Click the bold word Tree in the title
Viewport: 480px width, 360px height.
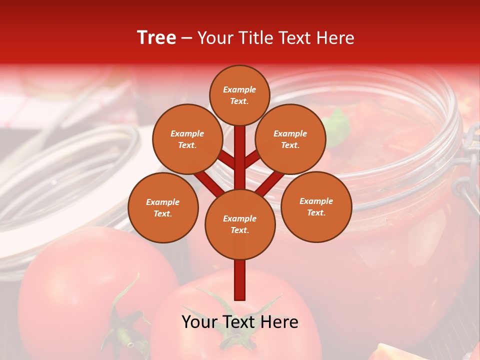[x=156, y=38]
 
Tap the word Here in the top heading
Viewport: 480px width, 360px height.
[x=335, y=38]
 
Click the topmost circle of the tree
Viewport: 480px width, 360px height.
[x=239, y=95]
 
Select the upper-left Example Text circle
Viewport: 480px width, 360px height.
[x=187, y=139]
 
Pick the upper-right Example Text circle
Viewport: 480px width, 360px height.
[x=290, y=139]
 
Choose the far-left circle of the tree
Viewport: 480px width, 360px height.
[x=163, y=207]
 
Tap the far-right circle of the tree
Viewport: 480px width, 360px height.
[x=316, y=206]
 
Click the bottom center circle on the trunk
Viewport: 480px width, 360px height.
[x=240, y=224]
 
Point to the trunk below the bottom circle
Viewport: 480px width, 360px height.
[x=239, y=280]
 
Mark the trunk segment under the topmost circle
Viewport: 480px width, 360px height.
[x=239, y=150]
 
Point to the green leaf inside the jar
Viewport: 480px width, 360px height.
[x=339, y=124]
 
